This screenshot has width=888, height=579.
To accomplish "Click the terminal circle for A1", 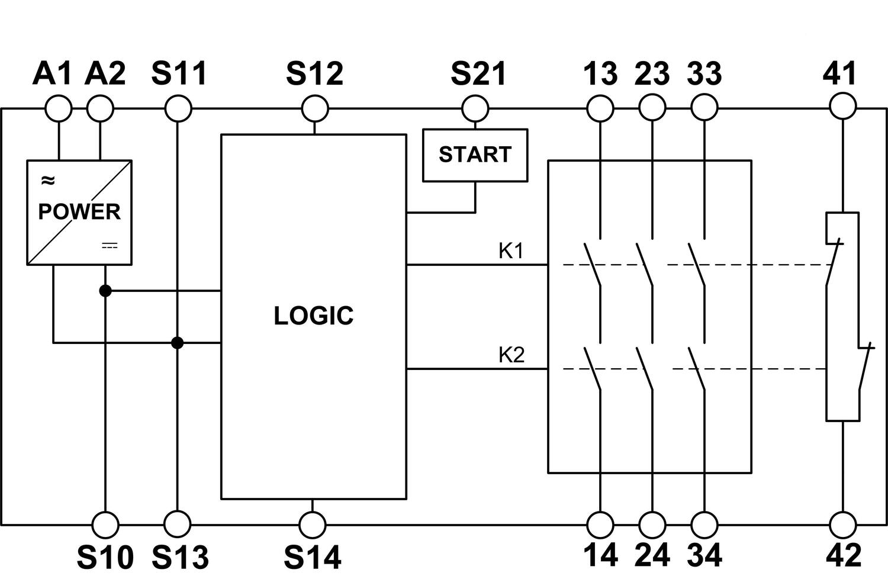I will [59, 109].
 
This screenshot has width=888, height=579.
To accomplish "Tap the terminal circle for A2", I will [100, 109].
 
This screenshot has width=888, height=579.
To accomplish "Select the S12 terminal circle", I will [314, 109].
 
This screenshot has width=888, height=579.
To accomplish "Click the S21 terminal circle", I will [475, 109].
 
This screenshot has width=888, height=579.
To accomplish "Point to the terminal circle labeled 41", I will [842, 108].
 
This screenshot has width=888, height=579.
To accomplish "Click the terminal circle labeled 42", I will [842, 525].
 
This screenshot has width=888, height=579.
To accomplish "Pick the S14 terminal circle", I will [313, 525].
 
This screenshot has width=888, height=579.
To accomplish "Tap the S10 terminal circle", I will [105, 525].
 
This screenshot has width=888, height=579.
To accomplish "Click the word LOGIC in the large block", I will [313, 316].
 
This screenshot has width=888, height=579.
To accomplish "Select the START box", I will [475, 155].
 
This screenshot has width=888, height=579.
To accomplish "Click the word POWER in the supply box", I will [79, 211].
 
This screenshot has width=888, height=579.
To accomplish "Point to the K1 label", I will [511, 251].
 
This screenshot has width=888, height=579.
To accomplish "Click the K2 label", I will [511, 355].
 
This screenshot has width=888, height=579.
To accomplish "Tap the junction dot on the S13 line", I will [177, 343].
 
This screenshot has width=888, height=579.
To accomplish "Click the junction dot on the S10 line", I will [105, 291].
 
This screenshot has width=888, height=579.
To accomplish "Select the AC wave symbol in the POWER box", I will [47, 180].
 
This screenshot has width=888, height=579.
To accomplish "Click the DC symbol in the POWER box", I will [110, 245].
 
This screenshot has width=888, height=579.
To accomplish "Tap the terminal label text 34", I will [704, 555].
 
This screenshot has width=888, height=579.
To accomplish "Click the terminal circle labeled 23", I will [652, 109].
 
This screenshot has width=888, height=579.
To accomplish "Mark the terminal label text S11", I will [179, 73].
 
